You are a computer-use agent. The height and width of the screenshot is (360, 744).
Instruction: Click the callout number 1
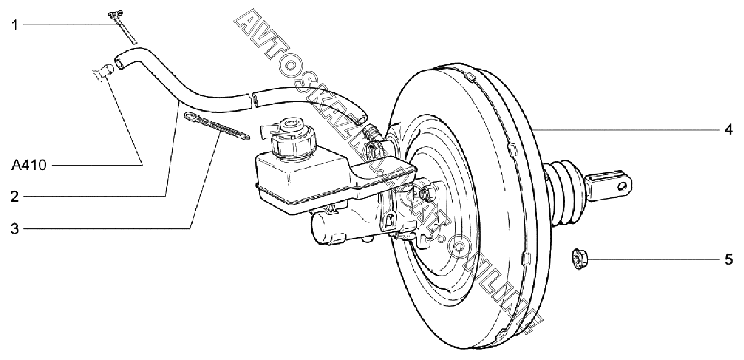15,24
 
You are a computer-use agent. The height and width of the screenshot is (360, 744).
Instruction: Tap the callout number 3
15,229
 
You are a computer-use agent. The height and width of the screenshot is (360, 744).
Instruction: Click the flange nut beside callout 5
579,260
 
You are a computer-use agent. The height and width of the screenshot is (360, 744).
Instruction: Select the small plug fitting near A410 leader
103,72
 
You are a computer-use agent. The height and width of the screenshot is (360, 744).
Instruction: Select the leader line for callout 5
651,260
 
